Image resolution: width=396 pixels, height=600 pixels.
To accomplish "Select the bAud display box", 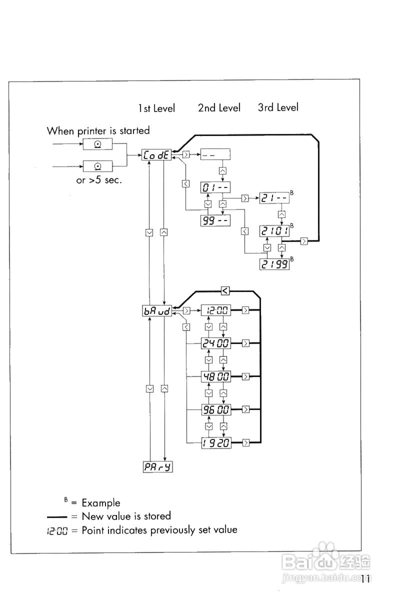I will click(x=157, y=311).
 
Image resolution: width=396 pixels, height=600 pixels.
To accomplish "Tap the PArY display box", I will click(x=158, y=467).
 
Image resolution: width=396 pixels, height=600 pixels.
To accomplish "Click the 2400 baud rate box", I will click(x=216, y=343).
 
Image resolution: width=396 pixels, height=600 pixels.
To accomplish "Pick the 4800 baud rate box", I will click(x=216, y=376).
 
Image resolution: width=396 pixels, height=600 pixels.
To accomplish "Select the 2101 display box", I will click(x=274, y=231).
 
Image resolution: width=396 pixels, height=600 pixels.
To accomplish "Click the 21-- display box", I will click(x=274, y=198).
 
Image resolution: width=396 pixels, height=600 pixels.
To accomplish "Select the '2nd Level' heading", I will click(x=219, y=108).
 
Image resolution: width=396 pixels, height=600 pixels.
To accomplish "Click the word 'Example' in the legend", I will click(x=101, y=503).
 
